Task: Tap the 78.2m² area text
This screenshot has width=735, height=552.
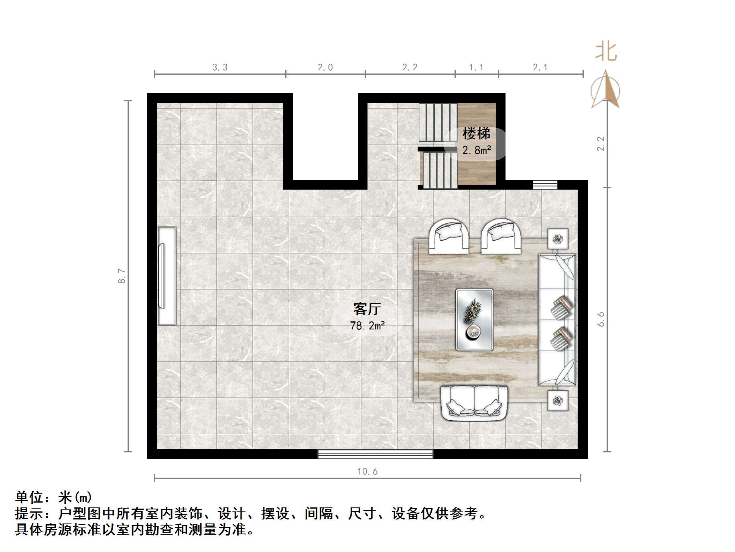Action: tap(367, 325)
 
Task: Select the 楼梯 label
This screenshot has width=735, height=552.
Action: tap(476, 133)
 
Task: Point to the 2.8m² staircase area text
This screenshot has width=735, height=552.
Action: tap(476, 150)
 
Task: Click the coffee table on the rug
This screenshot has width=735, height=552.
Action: tap(474, 319)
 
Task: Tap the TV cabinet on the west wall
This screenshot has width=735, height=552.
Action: tap(167, 276)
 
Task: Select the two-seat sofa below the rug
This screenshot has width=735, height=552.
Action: tap(474, 403)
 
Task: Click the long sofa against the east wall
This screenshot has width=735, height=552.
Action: tap(557, 319)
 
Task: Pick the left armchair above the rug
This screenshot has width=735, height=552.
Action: tap(449, 237)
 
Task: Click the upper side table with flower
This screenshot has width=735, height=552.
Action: tap(558, 239)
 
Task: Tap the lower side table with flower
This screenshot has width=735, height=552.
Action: tap(558, 400)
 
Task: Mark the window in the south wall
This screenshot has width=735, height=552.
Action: tap(375, 454)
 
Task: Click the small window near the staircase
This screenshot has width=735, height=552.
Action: tap(545, 184)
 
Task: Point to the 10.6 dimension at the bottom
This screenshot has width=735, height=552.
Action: tap(367, 471)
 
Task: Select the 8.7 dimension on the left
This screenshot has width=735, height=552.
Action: tap(122, 276)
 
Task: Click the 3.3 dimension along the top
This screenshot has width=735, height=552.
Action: tap(220, 67)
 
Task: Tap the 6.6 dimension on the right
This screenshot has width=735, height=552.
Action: tap(601, 319)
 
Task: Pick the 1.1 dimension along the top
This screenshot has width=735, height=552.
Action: tap(476, 67)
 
